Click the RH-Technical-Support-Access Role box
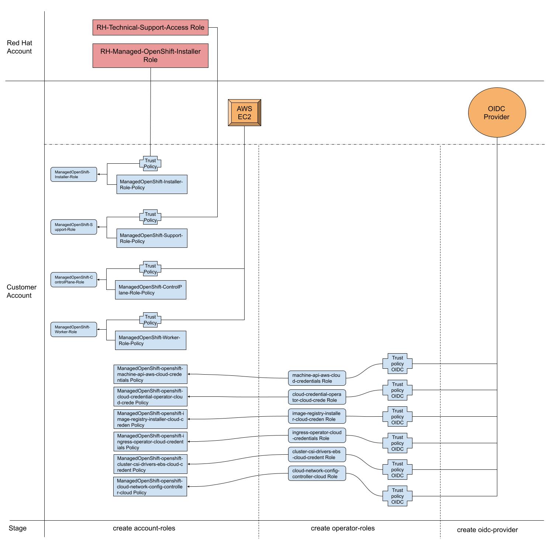point(150,28)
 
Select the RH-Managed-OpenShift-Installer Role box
point(150,56)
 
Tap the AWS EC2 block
point(244,112)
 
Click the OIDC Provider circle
point(497,112)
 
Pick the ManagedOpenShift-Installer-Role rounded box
point(74,174)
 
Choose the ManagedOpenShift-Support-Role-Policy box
point(152,238)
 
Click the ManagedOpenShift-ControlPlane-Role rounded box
point(74,280)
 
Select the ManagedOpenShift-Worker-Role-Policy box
point(151,340)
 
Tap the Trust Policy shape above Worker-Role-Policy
point(150,320)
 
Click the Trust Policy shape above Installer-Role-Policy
point(150,163)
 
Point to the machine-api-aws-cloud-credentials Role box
point(317,378)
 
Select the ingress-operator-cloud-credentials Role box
point(317,435)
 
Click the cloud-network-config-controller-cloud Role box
point(317,473)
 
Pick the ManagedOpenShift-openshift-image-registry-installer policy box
point(150,419)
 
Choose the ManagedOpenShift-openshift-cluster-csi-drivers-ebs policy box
point(150,464)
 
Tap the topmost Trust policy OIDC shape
point(397,364)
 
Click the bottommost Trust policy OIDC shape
point(397,496)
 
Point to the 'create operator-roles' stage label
point(343,528)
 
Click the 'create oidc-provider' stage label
point(487,530)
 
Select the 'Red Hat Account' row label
point(20,47)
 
